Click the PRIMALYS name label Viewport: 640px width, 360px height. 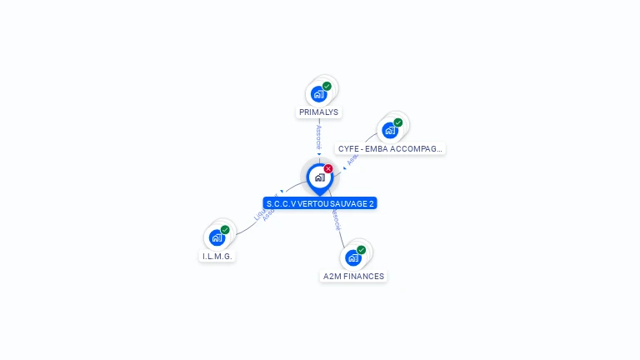319,112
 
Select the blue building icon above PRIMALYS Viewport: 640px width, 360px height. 318,94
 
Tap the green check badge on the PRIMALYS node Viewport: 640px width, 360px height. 327,86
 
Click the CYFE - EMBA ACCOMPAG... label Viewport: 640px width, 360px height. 390,148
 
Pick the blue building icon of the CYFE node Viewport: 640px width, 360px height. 389,131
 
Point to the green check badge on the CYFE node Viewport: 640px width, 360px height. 397,122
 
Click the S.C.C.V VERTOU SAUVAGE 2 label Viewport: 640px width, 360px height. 320,203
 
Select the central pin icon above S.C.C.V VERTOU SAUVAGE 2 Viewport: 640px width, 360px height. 319,177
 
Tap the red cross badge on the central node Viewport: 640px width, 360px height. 328,169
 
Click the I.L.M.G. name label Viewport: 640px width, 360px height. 217,256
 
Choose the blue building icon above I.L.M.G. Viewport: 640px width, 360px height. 217,237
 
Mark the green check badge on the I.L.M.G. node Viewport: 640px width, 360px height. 225,229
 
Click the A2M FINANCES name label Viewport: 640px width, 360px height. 353,276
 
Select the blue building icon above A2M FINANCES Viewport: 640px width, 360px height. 352,258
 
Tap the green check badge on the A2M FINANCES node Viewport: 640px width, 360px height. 361,250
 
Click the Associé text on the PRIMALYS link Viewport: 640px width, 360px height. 319,137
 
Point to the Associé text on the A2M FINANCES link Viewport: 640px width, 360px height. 336,220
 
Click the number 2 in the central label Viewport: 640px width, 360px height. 372,203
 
